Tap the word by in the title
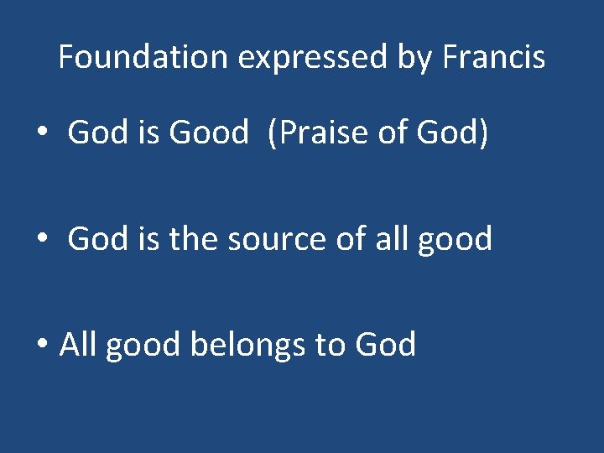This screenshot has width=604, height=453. click(x=419, y=58)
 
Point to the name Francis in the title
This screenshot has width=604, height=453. click(x=494, y=57)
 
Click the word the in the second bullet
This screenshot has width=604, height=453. click(x=192, y=238)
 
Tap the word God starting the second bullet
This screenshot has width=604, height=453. click(x=95, y=238)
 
